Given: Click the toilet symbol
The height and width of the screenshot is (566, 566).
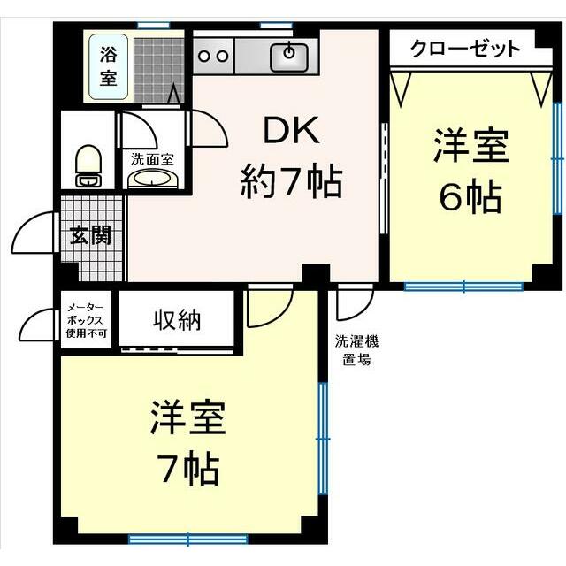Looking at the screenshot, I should point(87,165).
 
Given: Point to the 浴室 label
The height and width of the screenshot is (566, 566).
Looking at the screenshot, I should point(108,65).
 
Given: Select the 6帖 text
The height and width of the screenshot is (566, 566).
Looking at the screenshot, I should point(470,195).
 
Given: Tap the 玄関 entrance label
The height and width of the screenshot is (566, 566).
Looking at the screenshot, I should point(92,236).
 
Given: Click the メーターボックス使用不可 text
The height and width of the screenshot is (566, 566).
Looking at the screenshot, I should point(87,320).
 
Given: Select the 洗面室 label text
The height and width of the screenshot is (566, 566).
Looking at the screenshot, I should point(152,160).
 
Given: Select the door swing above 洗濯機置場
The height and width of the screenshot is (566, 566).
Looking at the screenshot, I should point(351,305).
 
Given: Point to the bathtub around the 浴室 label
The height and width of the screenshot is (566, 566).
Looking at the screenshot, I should point(109,65).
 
